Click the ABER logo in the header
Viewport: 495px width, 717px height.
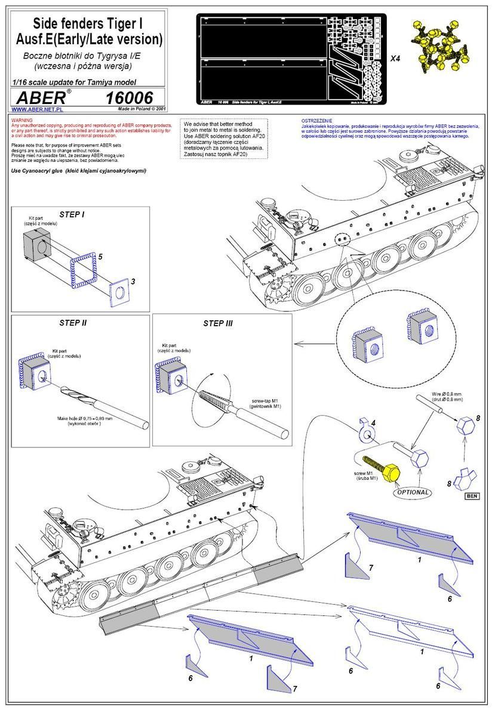(42, 97)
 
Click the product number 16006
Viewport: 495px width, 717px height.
(129, 97)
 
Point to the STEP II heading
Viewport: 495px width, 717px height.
(73, 323)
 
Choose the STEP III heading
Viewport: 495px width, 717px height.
(217, 324)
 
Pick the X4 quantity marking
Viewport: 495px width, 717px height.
(395, 59)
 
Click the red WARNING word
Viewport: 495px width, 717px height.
(23, 121)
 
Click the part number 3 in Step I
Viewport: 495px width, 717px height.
(133, 280)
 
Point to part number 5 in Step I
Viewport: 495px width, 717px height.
(100, 256)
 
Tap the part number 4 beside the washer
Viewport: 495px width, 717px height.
(373, 423)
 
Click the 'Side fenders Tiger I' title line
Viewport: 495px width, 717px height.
(87, 24)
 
